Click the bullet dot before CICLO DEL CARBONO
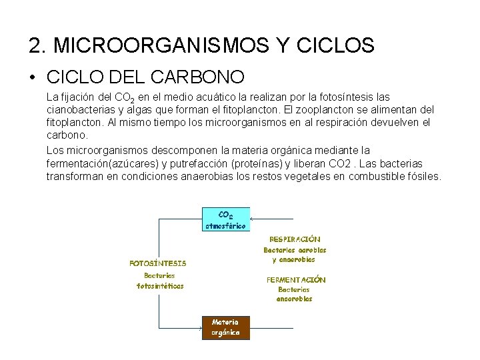pyautogui.click(x=33, y=77)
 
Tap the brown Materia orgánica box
pyautogui.click(x=225, y=327)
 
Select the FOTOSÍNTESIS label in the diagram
pyautogui.click(x=157, y=263)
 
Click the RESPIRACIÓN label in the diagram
pyautogui.click(x=294, y=239)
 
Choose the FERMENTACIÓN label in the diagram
pyautogui.click(x=296, y=280)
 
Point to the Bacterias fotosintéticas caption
pyautogui.click(x=159, y=280)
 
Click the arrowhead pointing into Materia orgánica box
pyautogui.click(x=199, y=328)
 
